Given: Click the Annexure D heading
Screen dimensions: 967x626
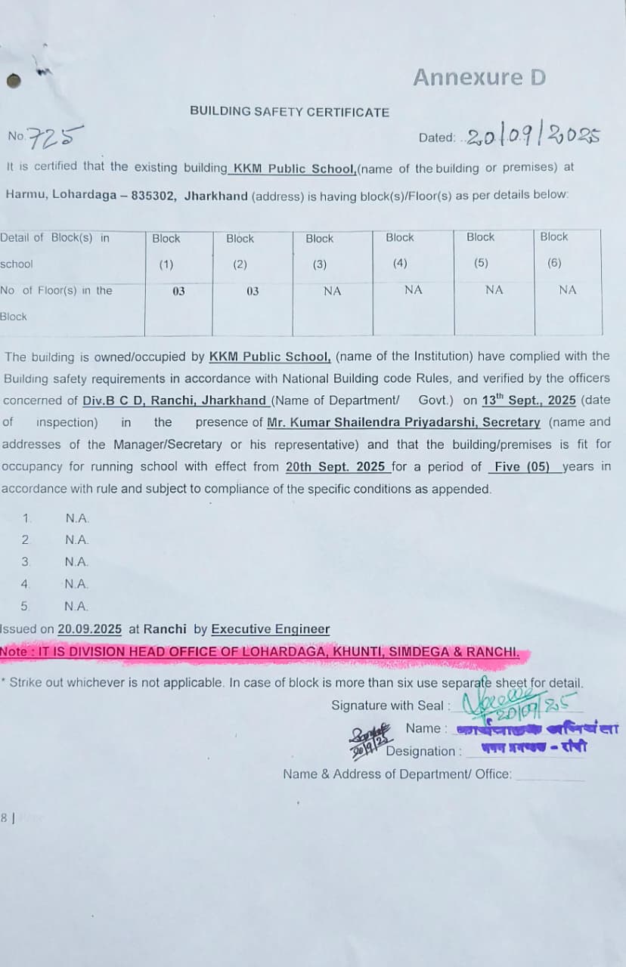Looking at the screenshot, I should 479,77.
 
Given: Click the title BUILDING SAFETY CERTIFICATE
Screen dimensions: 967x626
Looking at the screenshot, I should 290,112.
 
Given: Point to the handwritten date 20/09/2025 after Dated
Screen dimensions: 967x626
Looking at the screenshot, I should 533,137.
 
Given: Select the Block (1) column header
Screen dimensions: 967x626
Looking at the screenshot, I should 166,251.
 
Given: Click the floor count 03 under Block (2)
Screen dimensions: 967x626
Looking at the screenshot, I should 253,291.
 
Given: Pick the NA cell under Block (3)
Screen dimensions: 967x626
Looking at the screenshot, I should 332,291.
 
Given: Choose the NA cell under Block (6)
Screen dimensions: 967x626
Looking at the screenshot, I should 567,290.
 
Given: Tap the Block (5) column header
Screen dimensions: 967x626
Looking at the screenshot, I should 481,250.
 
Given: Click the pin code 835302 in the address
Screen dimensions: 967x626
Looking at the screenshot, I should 154,196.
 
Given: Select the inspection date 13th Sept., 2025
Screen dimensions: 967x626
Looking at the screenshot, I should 528,400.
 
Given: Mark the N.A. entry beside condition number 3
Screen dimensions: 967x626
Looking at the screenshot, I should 77,562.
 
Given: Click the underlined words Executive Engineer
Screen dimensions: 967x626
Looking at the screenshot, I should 271,629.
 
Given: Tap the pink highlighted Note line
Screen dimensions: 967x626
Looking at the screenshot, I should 261,652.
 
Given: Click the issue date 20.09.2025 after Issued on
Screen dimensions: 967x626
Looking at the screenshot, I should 90,629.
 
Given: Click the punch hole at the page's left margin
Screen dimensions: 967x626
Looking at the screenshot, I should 14,80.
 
